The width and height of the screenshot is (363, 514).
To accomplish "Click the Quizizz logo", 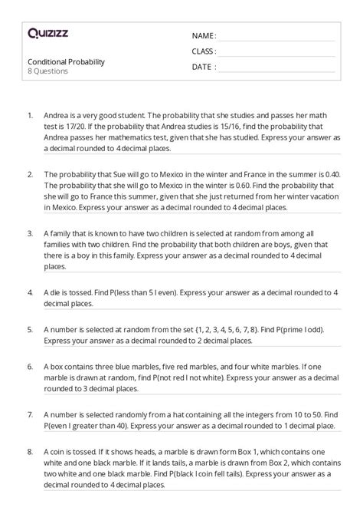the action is coord(47,33).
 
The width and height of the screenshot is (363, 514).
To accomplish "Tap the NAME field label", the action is coord(204,36).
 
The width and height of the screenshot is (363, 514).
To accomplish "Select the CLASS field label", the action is coord(204,51).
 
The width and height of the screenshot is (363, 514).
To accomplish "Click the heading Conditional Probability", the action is coord(66,61).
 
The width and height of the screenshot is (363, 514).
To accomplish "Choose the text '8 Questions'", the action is coord(47,71).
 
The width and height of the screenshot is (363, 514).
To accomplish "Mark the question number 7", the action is coord(29,414).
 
